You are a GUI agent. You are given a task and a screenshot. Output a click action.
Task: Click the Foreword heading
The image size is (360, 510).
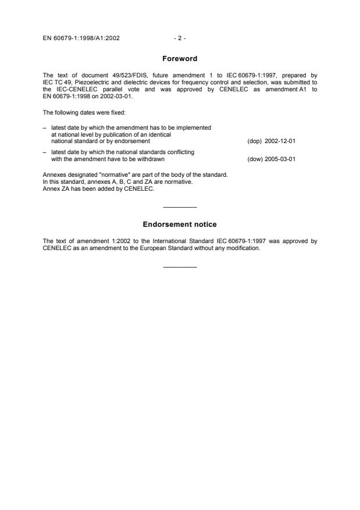click(x=180, y=58)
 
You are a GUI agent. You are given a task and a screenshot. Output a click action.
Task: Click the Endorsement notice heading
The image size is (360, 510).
click(x=180, y=224)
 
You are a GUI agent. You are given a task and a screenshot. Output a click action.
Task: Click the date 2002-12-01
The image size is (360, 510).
click(x=280, y=141)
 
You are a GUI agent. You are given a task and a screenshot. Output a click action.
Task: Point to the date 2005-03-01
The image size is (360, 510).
click(x=280, y=159)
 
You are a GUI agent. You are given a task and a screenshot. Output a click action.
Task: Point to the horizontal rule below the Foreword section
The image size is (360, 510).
click(x=180, y=207)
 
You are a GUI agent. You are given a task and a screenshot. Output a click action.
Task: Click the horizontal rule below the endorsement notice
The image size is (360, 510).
click(x=180, y=268)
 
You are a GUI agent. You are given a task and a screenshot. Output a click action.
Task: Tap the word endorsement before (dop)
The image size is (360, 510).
click(x=134, y=141)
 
